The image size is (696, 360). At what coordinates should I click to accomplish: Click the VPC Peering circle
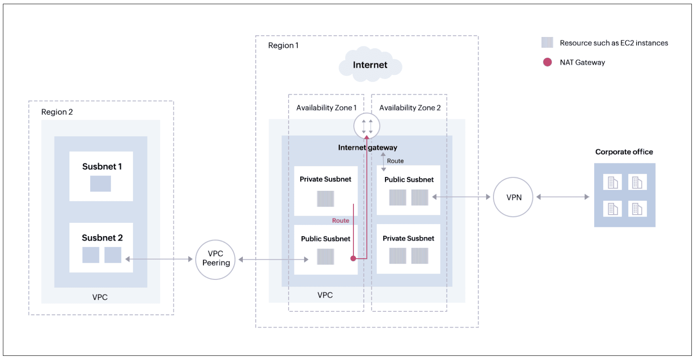[x=215, y=259]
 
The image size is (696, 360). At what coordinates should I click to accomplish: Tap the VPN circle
[x=513, y=197]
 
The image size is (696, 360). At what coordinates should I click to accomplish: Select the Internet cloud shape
[x=370, y=64]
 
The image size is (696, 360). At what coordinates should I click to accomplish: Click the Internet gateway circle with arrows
[x=367, y=125]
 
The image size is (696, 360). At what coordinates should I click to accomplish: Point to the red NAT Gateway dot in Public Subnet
[x=353, y=258]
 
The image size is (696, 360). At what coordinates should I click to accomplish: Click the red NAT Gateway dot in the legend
[x=547, y=62]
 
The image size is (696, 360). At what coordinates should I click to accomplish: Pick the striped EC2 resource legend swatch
[x=547, y=42]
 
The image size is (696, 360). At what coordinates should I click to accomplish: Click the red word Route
[x=341, y=220]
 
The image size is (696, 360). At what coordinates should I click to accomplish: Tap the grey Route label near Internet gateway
[x=395, y=161]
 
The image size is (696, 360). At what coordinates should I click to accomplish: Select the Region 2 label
[x=57, y=112]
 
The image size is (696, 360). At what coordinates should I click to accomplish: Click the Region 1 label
[x=283, y=45]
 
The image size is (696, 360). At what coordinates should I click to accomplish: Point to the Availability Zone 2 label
[x=410, y=108]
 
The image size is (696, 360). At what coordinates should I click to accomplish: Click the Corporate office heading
[x=624, y=152]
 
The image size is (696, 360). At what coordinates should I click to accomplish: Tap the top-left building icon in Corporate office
[x=612, y=182]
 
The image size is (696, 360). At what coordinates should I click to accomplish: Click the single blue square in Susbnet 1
[x=101, y=183]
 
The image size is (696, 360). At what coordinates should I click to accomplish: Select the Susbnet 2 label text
[x=102, y=238]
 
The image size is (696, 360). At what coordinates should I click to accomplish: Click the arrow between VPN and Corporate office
[x=563, y=197]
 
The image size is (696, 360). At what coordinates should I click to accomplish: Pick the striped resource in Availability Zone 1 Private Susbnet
[x=325, y=198]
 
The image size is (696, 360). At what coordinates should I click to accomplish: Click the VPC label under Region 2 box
[x=100, y=297]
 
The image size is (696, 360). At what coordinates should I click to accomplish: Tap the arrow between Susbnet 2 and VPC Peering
[x=159, y=259]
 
